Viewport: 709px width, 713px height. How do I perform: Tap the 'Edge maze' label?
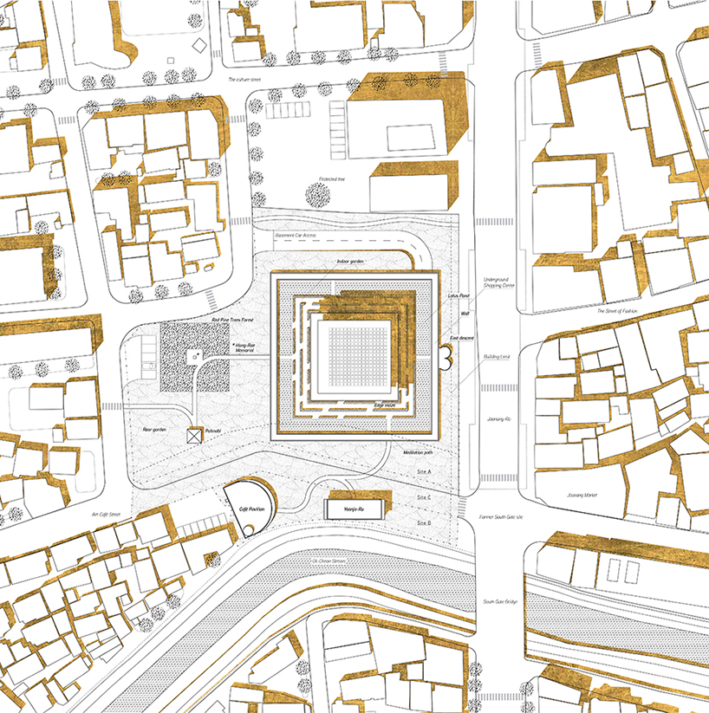click(385, 405)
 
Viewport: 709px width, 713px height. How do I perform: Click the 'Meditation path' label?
click(419, 453)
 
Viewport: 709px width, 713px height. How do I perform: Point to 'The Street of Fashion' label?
click(616, 310)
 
